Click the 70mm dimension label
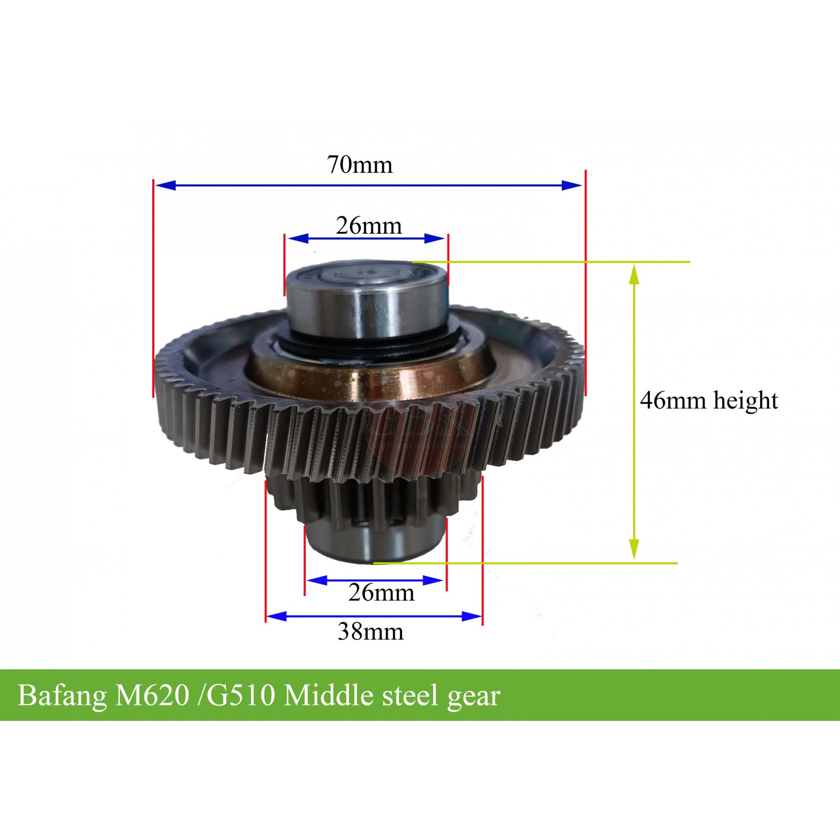(x=360, y=164)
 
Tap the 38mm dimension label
(x=371, y=631)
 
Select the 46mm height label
(x=708, y=401)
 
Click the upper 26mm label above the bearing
(x=369, y=226)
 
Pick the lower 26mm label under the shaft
(x=381, y=593)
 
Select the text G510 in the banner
(x=240, y=696)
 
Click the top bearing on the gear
(x=366, y=299)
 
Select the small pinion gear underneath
(x=367, y=499)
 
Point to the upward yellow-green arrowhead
(x=634, y=274)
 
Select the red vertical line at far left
(x=153, y=289)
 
